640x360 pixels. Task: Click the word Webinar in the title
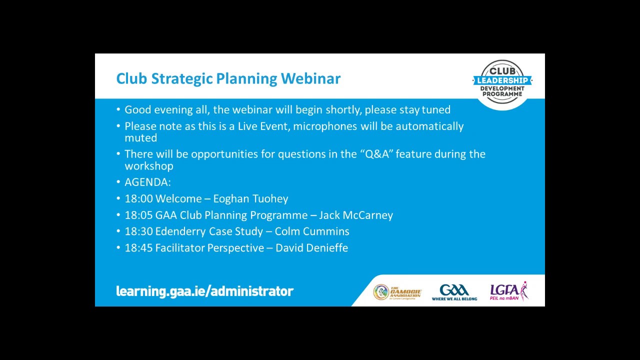tap(310, 78)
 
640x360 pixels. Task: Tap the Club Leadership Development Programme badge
tap(502, 82)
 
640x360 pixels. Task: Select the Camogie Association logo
tap(397, 292)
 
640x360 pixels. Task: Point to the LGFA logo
tap(509, 291)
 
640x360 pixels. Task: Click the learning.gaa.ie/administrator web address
tap(204, 291)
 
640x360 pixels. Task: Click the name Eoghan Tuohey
tap(250, 199)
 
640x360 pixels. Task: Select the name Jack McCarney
tap(356, 215)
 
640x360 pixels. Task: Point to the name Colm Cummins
tap(312, 231)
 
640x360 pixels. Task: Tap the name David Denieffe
tap(311, 248)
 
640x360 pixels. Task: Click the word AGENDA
tap(146, 182)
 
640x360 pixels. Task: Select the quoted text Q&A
tap(377, 154)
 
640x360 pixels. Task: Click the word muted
tap(141, 138)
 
